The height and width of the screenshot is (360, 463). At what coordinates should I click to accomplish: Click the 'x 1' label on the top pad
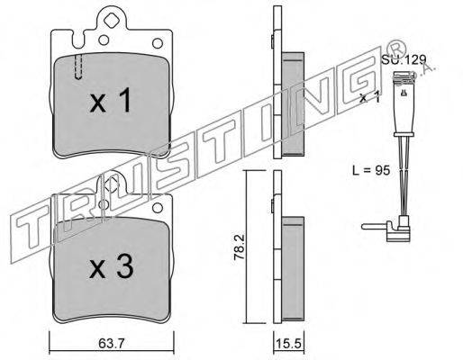[x=111, y=100]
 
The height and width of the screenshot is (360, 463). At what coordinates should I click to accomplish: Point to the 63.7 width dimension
[x=111, y=344]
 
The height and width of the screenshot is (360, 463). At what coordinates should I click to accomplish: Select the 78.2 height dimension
[x=241, y=247]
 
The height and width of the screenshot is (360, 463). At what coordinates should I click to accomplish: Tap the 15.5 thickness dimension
[x=288, y=344]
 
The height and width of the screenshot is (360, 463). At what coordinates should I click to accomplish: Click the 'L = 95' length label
[x=371, y=170]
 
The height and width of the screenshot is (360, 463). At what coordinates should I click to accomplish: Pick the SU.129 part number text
[x=404, y=59]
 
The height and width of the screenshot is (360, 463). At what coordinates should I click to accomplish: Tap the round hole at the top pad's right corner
[x=158, y=43]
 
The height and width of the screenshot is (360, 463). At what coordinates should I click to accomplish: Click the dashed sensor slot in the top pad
[x=78, y=67]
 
